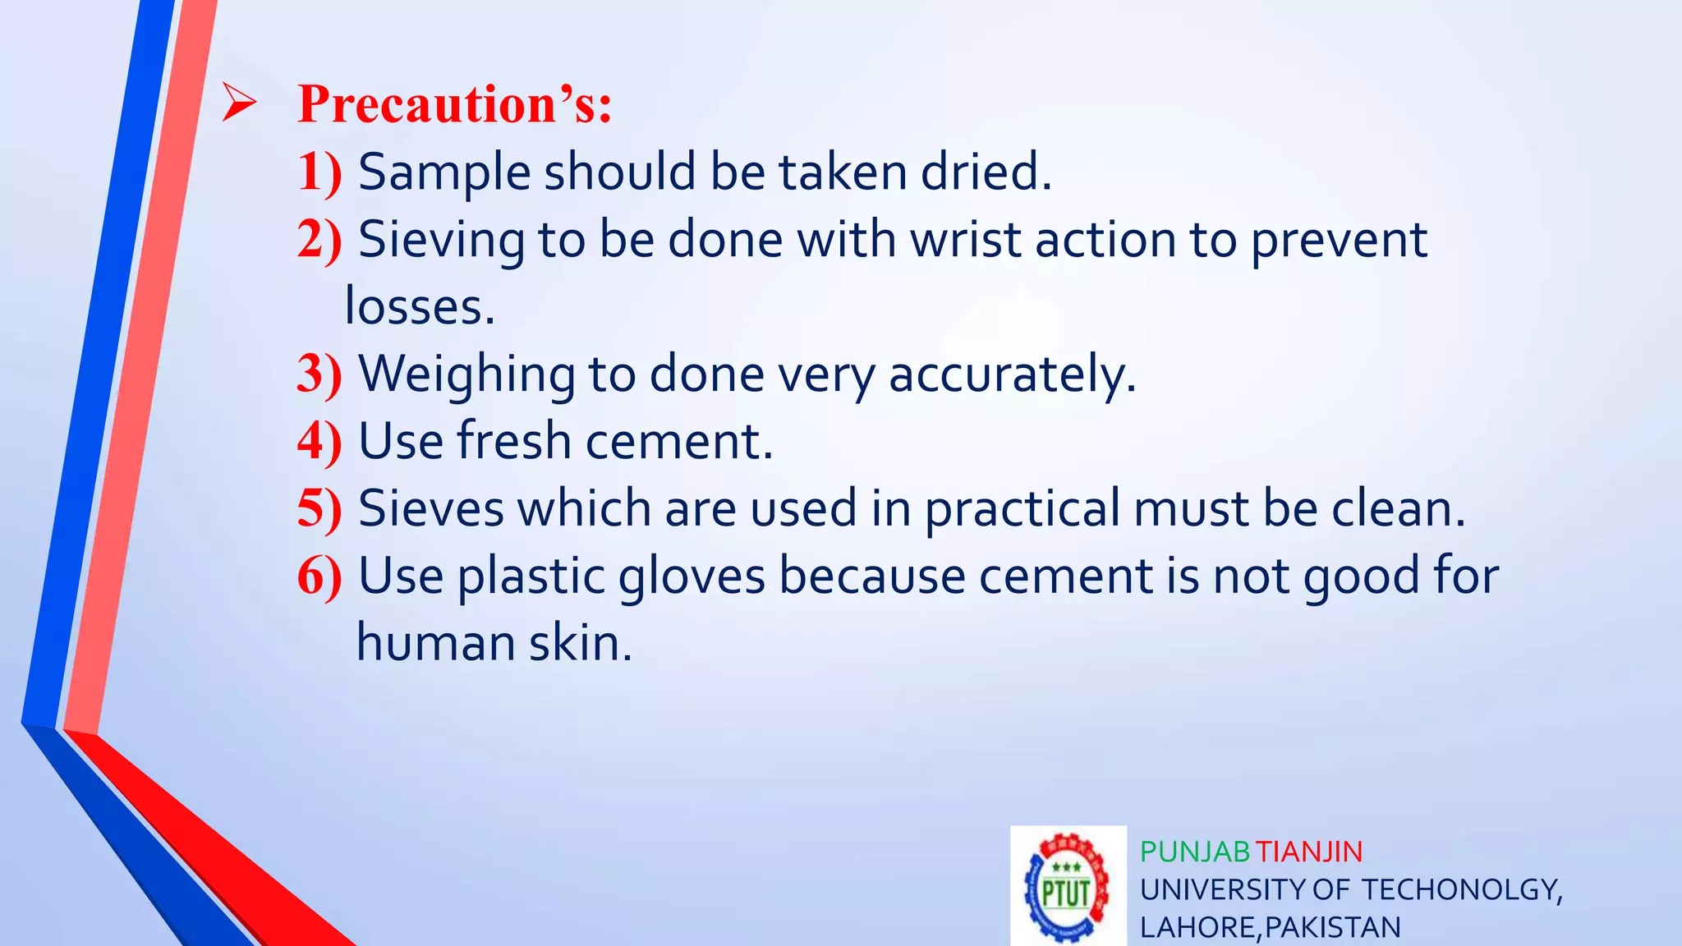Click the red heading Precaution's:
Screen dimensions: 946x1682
point(454,105)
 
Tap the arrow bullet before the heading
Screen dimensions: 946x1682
point(239,105)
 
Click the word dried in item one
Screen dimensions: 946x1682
point(985,172)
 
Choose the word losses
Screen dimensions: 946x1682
point(420,307)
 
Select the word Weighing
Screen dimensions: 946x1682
point(466,374)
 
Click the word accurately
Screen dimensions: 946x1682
point(1012,374)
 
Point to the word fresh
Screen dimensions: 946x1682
point(513,441)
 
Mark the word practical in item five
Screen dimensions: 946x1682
point(1022,509)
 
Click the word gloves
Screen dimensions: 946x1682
point(691,576)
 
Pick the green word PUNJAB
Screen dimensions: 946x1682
point(1194,852)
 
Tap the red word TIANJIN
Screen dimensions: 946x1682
point(1309,852)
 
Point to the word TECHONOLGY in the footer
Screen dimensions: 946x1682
point(1462,890)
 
